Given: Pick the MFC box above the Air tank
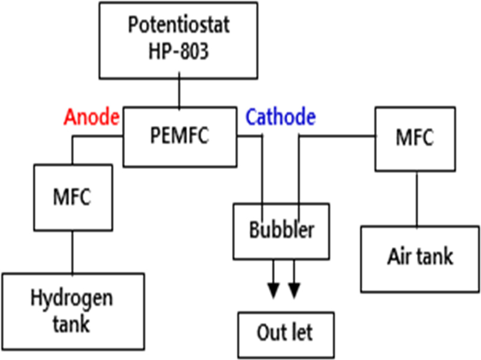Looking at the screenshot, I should [x=414, y=138].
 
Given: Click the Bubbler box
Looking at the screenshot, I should [x=281, y=231].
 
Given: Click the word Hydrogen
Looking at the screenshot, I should [x=72, y=299].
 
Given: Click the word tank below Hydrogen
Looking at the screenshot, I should [x=70, y=325].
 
